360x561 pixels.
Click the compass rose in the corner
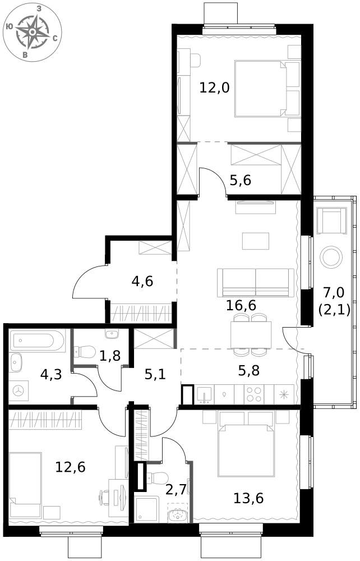32,32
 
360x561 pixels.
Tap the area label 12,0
214,88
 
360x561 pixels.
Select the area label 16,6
241,305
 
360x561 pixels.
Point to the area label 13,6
248,498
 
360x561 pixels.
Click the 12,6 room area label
71,467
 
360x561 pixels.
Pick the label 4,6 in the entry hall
142,281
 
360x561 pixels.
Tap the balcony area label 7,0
334,293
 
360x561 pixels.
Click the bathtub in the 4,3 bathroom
37,341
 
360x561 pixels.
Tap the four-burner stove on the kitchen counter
254,394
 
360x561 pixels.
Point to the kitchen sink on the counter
204,394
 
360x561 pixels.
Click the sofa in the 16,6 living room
256,283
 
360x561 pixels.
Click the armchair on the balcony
332,220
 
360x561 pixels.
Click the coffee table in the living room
256,241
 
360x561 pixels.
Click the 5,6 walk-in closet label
240,180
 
